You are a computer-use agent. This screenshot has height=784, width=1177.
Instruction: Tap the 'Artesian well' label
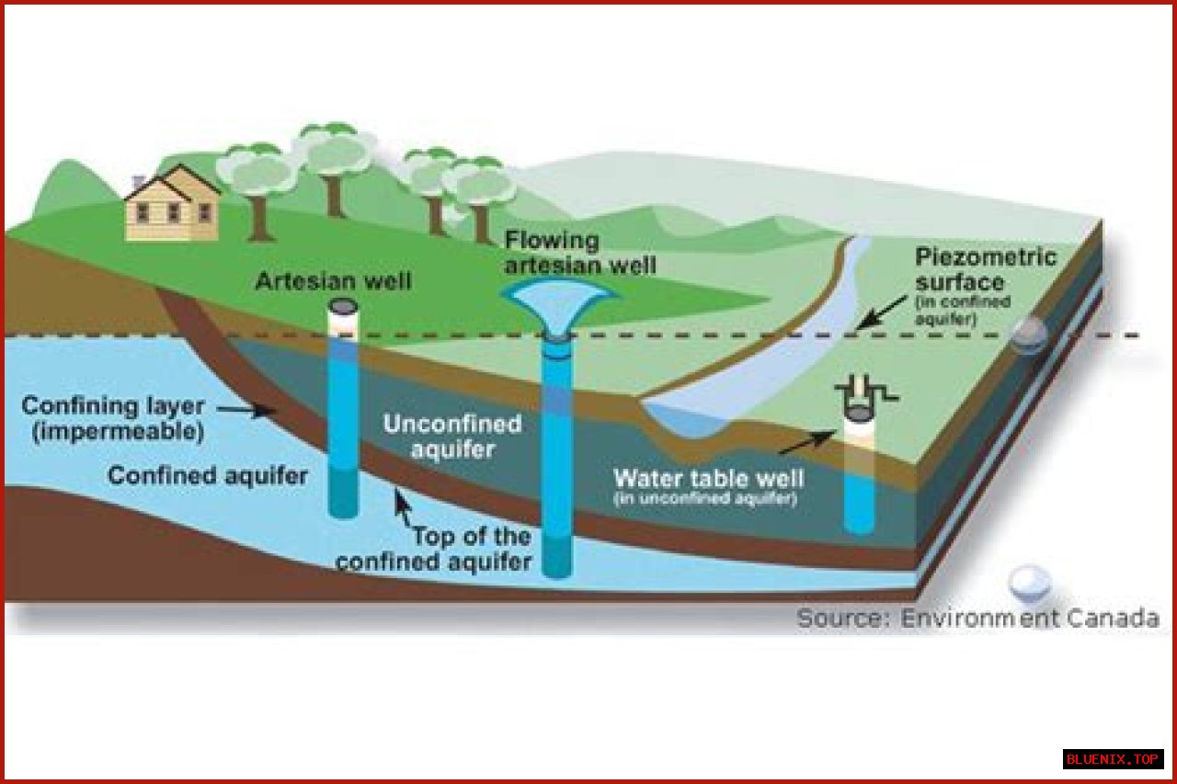pyautogui.click(x=333, y=281)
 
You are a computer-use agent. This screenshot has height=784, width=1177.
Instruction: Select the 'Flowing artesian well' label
pyautogui.click(x=580, y=253)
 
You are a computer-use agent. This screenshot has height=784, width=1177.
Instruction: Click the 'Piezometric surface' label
pyautogui.click(x=985, y=270)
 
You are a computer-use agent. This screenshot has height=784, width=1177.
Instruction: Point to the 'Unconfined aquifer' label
pyautogui.click(x=452, y=437)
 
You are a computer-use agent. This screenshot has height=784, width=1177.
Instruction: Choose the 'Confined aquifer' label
pyautogui.click(x=208, y=476)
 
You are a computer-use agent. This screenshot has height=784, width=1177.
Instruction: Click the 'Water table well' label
pyautogui.click(x=708, y=478)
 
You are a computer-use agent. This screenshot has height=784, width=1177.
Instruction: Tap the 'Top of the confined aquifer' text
pyautogui.click(x=433, y=550)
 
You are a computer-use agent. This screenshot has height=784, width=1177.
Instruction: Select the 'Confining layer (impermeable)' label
pyautogui.click(x=113, y=419)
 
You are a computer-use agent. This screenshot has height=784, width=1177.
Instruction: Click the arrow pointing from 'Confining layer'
pyautogui.click(x=246, y=410)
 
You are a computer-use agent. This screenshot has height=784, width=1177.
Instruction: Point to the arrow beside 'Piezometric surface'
pyautogui.click(x=880, y=312)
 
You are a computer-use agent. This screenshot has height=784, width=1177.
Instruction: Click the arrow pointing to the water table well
pyautogui.click(x=807, y=441)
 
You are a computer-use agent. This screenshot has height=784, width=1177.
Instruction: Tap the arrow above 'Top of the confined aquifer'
pyautogui.click(x=403, y=507)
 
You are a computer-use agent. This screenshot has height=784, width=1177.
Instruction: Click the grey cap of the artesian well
pyautogui.click(x=343, y=306)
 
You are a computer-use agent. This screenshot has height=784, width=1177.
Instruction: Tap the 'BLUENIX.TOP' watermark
pyautogui.click(x=1113, y=759)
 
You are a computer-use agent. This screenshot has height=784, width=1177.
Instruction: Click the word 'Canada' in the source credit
pyautogui.click(x=1113, y=618)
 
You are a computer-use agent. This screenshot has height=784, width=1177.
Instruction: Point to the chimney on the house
pyautogui.click(x=138, y=183)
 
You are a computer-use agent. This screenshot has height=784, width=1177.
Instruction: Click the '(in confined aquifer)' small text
pyautogui.click(x=963, y=311)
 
